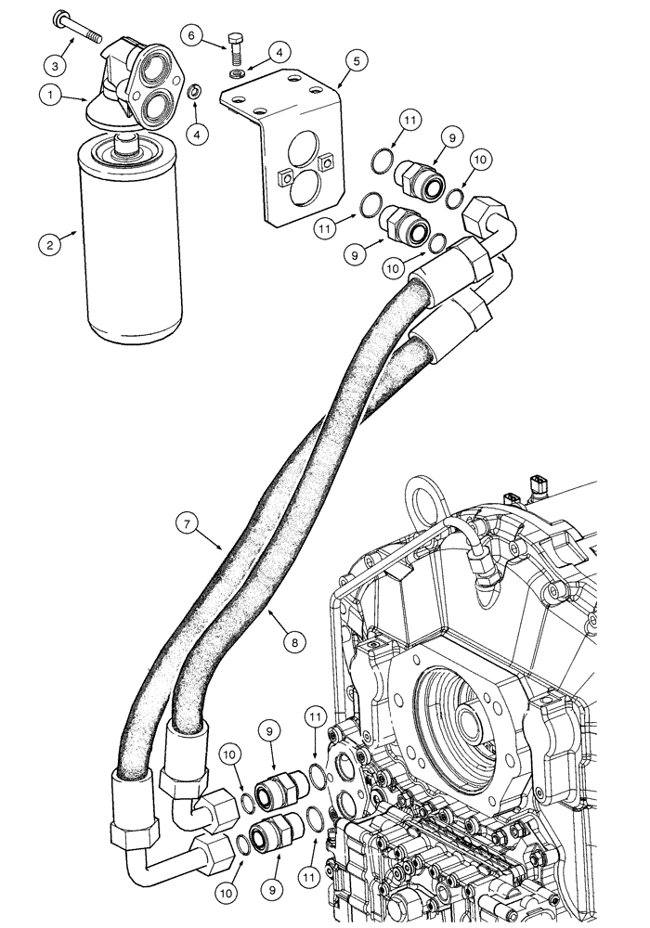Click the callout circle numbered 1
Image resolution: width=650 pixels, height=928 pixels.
[x=49, y=93]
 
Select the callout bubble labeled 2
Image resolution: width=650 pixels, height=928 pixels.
[x=49, y=245]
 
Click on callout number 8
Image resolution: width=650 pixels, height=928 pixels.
[x=295, y=639]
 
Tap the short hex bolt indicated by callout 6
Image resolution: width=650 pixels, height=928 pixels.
[x=235, y=48]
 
